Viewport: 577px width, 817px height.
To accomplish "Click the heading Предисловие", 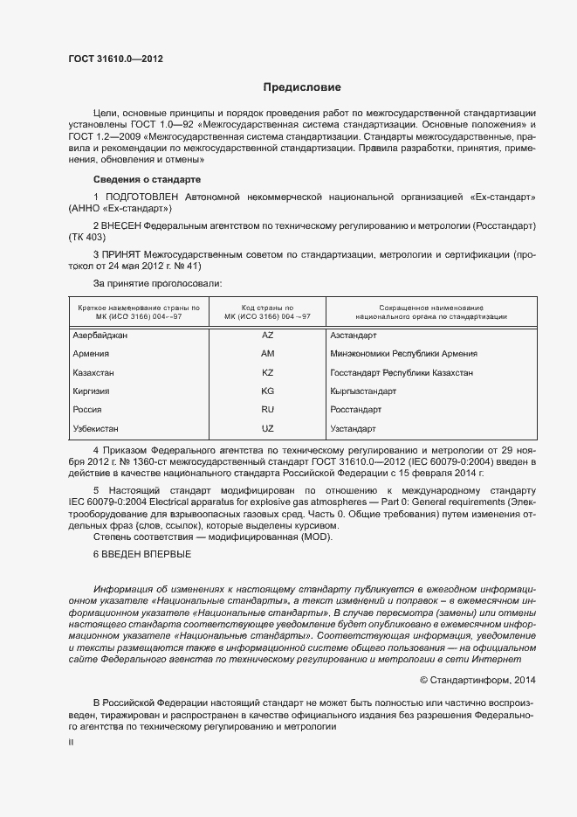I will point(302,87).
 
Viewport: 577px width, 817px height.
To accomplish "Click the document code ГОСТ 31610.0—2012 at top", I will point(115,59).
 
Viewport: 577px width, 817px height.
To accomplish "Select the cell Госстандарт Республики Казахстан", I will point(402,372).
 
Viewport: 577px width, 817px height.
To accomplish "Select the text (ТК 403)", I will point(86,237).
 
